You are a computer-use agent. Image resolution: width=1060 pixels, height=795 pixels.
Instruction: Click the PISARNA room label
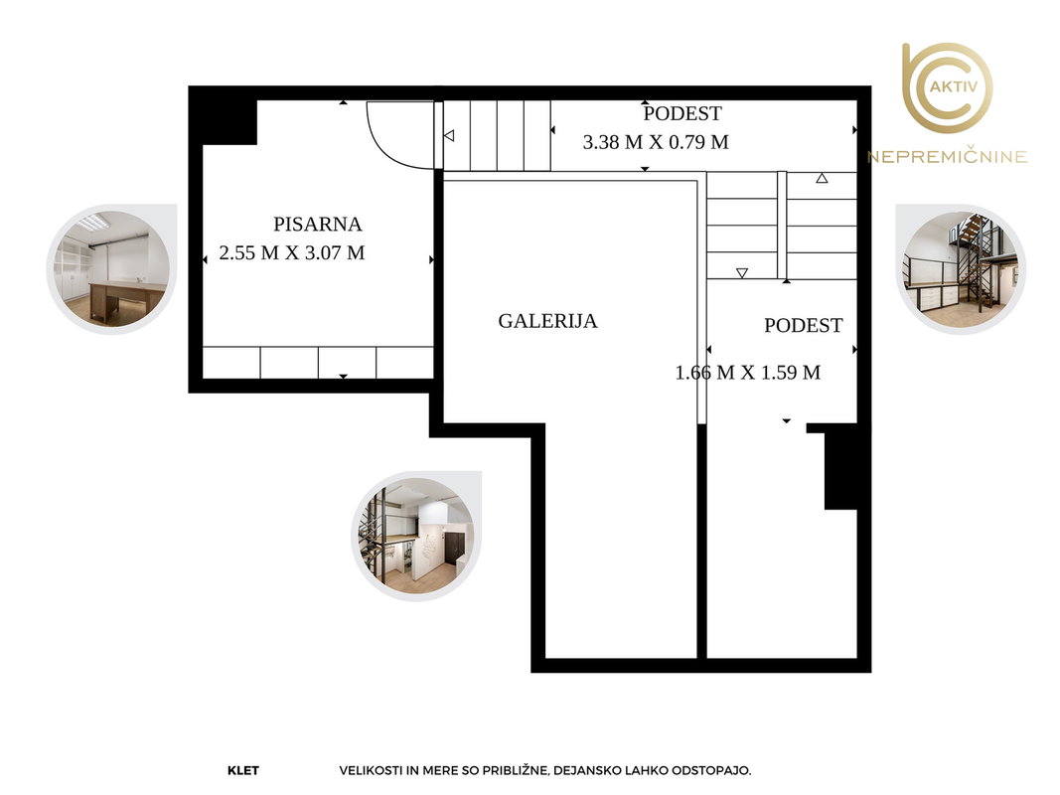[317, 224]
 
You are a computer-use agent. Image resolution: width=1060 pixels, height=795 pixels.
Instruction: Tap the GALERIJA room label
[547, 320]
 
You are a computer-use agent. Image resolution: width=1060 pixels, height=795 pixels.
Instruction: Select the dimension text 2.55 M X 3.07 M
[292, 252]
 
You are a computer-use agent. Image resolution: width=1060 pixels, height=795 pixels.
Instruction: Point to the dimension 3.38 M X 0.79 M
[656, 142]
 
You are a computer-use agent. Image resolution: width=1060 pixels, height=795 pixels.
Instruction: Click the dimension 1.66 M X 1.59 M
[748, 373]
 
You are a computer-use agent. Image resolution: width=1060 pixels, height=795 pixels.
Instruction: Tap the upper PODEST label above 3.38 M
[682, 113]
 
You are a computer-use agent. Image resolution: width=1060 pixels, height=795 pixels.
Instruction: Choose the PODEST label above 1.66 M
[803, 325]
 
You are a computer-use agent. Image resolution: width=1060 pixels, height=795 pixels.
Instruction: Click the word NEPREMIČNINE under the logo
[947, 157]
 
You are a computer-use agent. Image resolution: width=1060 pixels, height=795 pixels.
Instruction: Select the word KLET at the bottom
[243, 770]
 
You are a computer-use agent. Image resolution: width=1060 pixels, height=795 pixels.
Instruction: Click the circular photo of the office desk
[112, 269]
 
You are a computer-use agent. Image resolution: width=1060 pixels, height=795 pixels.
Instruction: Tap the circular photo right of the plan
[961, 269]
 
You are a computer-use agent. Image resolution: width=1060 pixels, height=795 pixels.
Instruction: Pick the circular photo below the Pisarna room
[416, 536]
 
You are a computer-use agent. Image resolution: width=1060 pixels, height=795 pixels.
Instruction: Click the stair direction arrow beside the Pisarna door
[449, 136]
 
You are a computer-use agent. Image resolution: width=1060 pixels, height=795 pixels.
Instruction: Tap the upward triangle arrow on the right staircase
[822, 179]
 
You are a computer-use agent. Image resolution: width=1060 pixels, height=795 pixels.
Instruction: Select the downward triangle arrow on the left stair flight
[741, 273]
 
